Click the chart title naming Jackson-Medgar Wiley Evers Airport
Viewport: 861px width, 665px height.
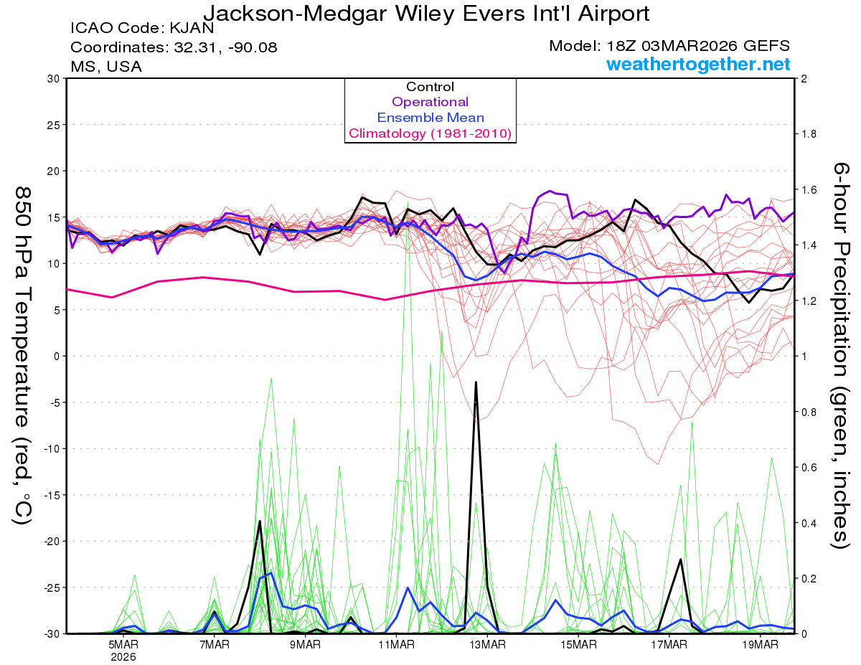point(427,13)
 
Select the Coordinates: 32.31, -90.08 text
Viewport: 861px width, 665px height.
point(174,48)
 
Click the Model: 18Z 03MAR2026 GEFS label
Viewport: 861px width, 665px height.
point(669,46)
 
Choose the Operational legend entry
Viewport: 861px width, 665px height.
point(430,102)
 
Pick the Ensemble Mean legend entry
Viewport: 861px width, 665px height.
point(430,118)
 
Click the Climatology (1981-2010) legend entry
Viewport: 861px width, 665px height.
point(430,133)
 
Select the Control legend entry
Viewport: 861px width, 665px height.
point(430,87)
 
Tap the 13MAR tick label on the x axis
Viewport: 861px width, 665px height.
point(487,645)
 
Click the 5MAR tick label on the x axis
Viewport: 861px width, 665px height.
point(124,645)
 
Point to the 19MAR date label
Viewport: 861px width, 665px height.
point(760,645)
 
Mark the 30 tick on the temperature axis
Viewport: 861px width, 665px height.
point(53,78)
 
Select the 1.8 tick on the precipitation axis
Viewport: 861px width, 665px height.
point(809,134)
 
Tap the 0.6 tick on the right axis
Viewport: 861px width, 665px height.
point(809,467)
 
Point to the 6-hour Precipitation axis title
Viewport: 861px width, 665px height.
point(840,355)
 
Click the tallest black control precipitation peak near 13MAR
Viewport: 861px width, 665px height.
point(476,382)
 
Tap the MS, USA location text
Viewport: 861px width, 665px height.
point(106,67)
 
